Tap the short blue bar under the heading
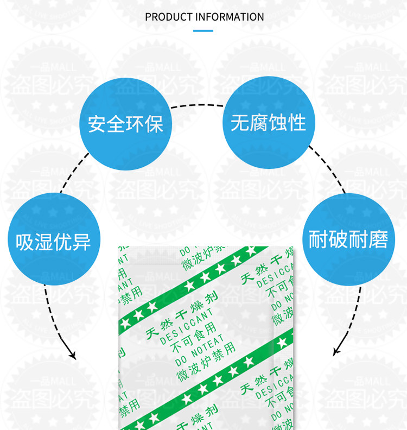tap(203, 31)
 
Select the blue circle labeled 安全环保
tap(126, 124)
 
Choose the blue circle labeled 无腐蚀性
tap(269, 123)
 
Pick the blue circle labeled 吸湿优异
tap(54, 239)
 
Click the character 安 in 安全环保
tap(96, 124)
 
